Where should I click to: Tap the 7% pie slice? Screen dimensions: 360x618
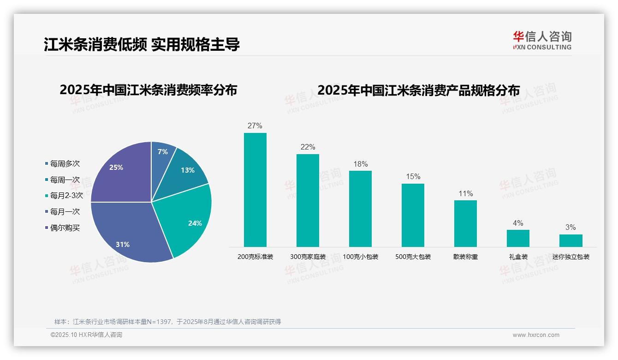(162, 155)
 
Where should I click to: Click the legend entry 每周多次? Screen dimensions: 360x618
(65, 163)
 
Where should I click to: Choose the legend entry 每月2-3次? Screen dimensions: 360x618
(66, 195)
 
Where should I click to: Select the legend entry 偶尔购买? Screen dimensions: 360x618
(65, 228)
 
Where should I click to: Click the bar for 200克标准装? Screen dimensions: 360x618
(255, 190)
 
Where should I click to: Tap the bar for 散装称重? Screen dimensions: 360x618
(465, 223)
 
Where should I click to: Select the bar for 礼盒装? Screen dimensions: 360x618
(518, 238)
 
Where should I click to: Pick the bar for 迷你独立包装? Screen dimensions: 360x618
(570, 240)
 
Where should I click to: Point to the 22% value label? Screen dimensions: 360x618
(308, 147)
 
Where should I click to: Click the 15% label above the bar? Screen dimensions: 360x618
(413, 177)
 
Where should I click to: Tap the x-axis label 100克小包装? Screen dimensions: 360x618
(360, 257)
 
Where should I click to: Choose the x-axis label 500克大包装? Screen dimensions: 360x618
(413, 257)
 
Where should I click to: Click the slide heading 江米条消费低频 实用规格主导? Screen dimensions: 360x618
(142, 45)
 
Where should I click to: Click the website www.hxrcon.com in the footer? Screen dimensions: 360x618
(536, 335)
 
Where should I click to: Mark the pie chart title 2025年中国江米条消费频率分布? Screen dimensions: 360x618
(148, 90)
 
